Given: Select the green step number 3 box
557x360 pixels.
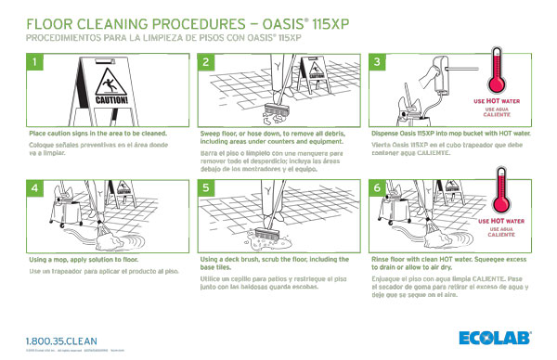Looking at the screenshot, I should click(x=379, y=62).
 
